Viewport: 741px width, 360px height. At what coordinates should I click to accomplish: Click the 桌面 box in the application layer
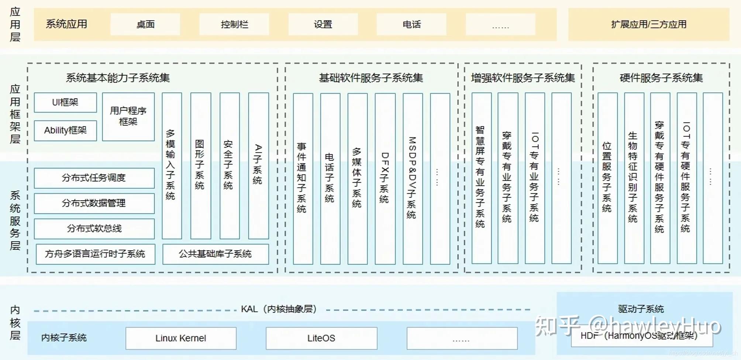[x=145, y=24]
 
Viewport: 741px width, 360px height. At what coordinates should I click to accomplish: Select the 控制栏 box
[x=234, y=24]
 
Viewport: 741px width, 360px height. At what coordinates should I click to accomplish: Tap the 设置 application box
[x=323, y=24]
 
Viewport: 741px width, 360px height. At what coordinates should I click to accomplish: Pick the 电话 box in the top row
[x=411, y=24]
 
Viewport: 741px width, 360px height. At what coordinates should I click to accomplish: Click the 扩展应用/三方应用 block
[x=649, y=24]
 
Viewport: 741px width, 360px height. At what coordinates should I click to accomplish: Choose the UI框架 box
[x=65, y=102]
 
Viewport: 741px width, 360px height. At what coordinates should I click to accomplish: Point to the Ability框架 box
[x=65, y=130]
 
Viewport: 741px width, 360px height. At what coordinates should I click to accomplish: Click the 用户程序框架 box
[x=128, y=116]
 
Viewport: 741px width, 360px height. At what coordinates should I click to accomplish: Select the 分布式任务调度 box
[x=94, y=178]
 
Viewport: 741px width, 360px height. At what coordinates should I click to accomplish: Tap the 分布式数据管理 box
[x=94, y=203]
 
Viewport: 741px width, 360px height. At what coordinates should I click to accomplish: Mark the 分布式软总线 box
[x=94, y=229]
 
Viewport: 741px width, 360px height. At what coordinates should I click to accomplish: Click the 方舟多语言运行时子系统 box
[x=95, y=254]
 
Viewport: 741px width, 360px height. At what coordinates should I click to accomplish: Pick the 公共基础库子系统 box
[x=216, y=254]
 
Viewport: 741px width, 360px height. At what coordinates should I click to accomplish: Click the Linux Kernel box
[x=181, y=338]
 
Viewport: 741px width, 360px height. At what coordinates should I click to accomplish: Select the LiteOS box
[x=321, y=338]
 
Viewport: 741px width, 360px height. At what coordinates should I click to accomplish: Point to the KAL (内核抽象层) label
[x=279, y=309]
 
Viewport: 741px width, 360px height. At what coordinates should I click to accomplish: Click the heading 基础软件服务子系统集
[x=371, y=78]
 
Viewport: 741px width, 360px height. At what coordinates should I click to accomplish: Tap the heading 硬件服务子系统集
[x=661, y=78]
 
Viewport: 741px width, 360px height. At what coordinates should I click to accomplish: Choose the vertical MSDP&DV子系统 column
[x=412, y=178]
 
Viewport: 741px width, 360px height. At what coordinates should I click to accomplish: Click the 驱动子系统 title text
[x=641, y=309]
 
